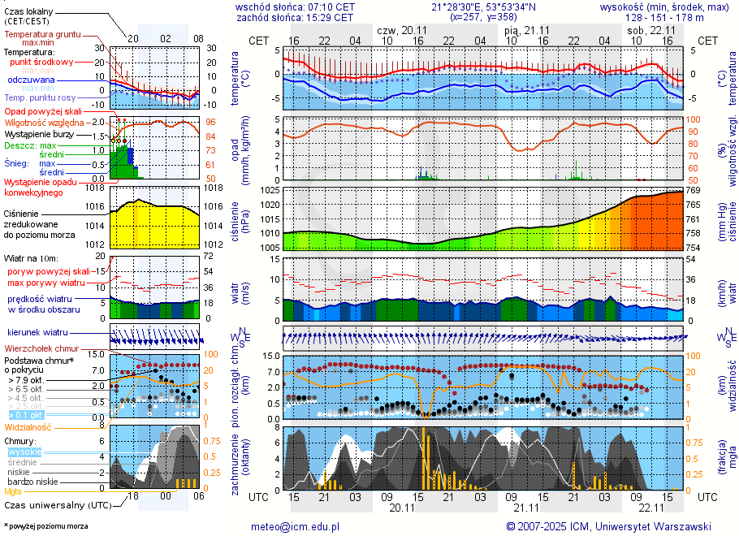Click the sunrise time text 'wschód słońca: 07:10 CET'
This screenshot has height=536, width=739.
point(295,6)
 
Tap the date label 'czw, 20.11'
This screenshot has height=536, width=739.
point(403,29)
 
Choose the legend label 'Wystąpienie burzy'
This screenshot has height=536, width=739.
point(38,133)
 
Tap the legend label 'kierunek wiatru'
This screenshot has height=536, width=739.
point(37,333)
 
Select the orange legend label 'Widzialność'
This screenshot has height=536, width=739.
point(28,426)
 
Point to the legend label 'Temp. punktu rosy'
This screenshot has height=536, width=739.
point(41,97)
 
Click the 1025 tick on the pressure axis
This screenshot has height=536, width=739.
point(271,190)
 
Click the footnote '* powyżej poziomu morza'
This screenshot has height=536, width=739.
point(45,526)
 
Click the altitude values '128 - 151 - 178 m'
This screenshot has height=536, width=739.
point(664,17)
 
